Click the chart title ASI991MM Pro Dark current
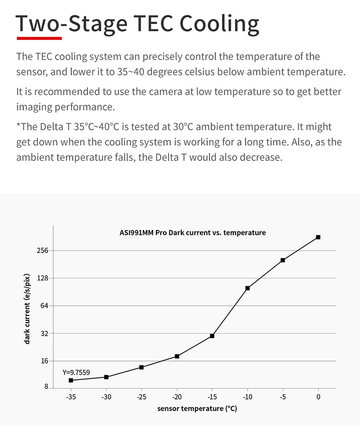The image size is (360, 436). [x=192, y=233]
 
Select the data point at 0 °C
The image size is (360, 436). [x=318, y=237]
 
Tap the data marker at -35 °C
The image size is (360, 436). [x=71, y=380]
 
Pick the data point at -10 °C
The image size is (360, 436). [x=248, y=288]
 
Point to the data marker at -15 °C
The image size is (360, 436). [x=212, y=336]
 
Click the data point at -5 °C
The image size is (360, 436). [x=283, y=260]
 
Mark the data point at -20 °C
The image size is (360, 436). [x=177, y=356]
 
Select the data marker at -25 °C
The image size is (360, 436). [x=142, y=367]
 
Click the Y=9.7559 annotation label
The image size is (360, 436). [x=76, y=372]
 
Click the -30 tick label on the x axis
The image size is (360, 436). [x=106, y=397]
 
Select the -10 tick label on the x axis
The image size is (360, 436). [x=247, y=397]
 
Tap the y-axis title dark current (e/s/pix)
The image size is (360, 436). [x=27, y=308]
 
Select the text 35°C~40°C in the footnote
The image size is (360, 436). [x=96, y=127]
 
